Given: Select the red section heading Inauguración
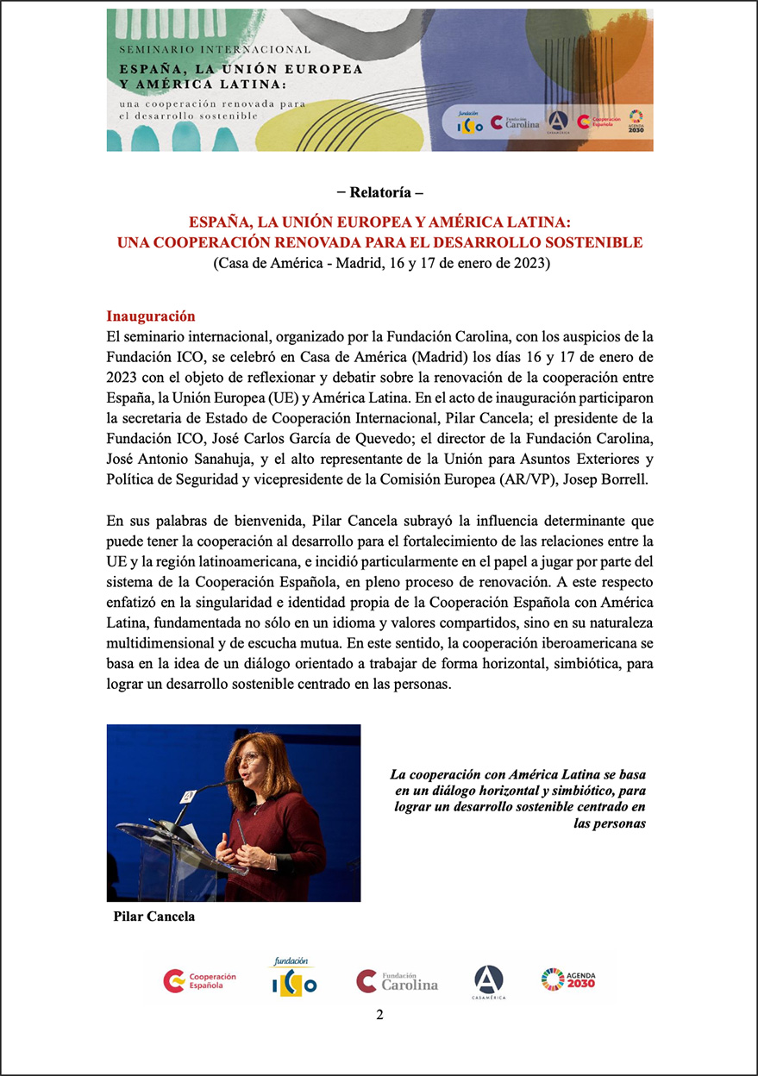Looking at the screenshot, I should (x=151, y=316).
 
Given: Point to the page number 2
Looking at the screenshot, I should (x=379, y=1015).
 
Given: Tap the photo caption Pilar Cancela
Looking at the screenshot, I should (x=154, y=916).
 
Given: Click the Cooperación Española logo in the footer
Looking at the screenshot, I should (x=199, y=980).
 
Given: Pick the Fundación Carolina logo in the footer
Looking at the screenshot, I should (x=397, y=981).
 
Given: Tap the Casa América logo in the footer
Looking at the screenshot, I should (x=488, y=981).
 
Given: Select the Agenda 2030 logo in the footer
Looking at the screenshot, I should (x=568, y=979).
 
